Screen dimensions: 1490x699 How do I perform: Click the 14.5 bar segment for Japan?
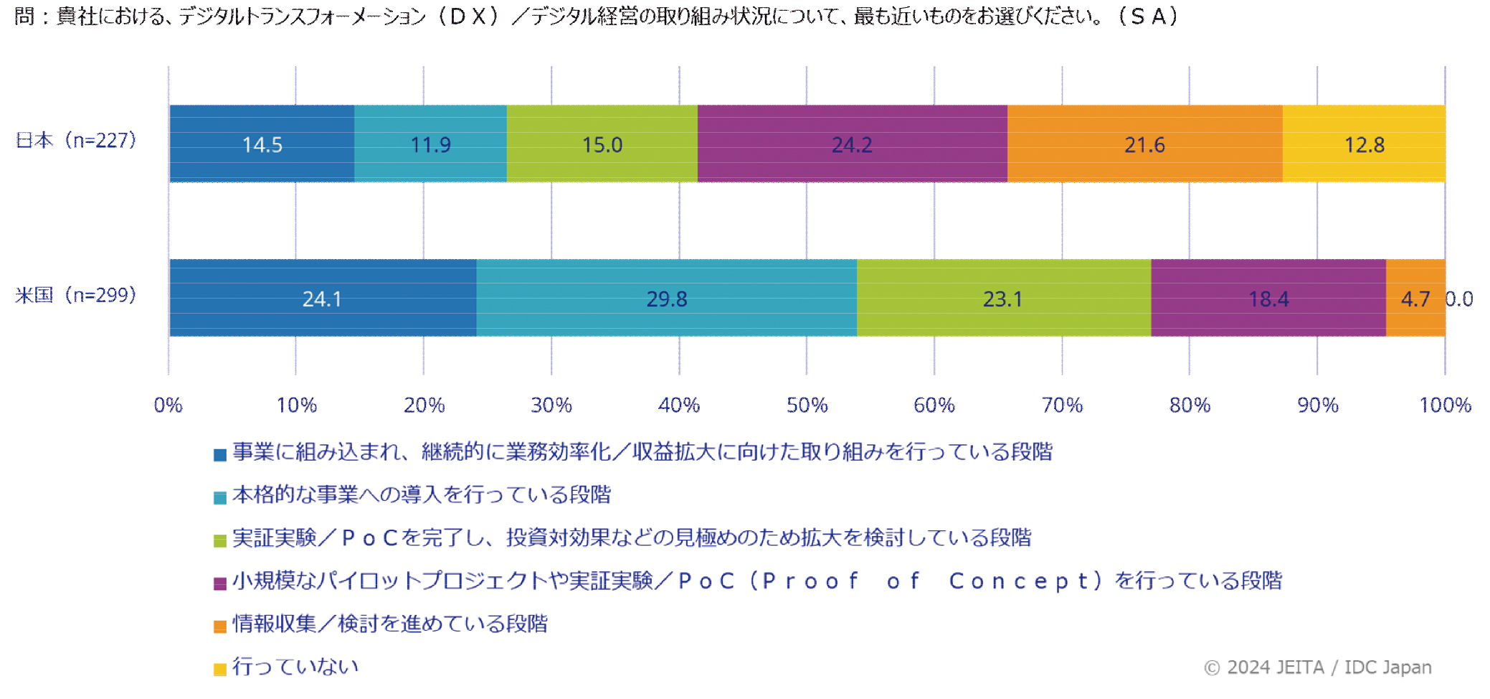[x=262, y=144]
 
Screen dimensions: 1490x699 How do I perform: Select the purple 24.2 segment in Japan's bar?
[x=852, y=144]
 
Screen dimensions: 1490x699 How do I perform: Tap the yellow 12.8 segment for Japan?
[x=1364, y=144]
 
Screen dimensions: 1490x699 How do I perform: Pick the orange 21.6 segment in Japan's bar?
[x=1145, y=144]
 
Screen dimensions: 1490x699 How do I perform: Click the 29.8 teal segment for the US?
[x=667, y=298]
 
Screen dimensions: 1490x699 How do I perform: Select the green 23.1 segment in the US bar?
[x=1004, y=298]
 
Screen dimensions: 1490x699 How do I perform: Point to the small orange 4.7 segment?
[x=1415, y=298]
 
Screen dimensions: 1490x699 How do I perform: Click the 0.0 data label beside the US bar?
[x=1459, y=299]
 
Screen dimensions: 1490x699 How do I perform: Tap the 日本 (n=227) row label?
[x=76, y=140]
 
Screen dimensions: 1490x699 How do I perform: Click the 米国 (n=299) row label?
[x=76, y=295]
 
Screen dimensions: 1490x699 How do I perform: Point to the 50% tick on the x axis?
[x=807, y=405]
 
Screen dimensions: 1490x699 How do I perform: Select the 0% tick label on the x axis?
[x=169, y=405]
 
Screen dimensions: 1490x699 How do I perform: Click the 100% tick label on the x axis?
[x=1446, y=405]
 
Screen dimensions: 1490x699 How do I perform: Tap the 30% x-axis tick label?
[x=551, y=405]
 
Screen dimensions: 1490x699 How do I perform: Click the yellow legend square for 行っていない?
[x=220, y=670]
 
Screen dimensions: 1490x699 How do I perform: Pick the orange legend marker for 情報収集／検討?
[x=220, y=627]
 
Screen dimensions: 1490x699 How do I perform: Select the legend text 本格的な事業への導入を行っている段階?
[x=422, y=494]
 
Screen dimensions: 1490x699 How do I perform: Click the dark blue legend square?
[x=220, y=454]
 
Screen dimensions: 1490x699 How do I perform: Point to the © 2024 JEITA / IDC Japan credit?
[x=1318, y=667]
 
